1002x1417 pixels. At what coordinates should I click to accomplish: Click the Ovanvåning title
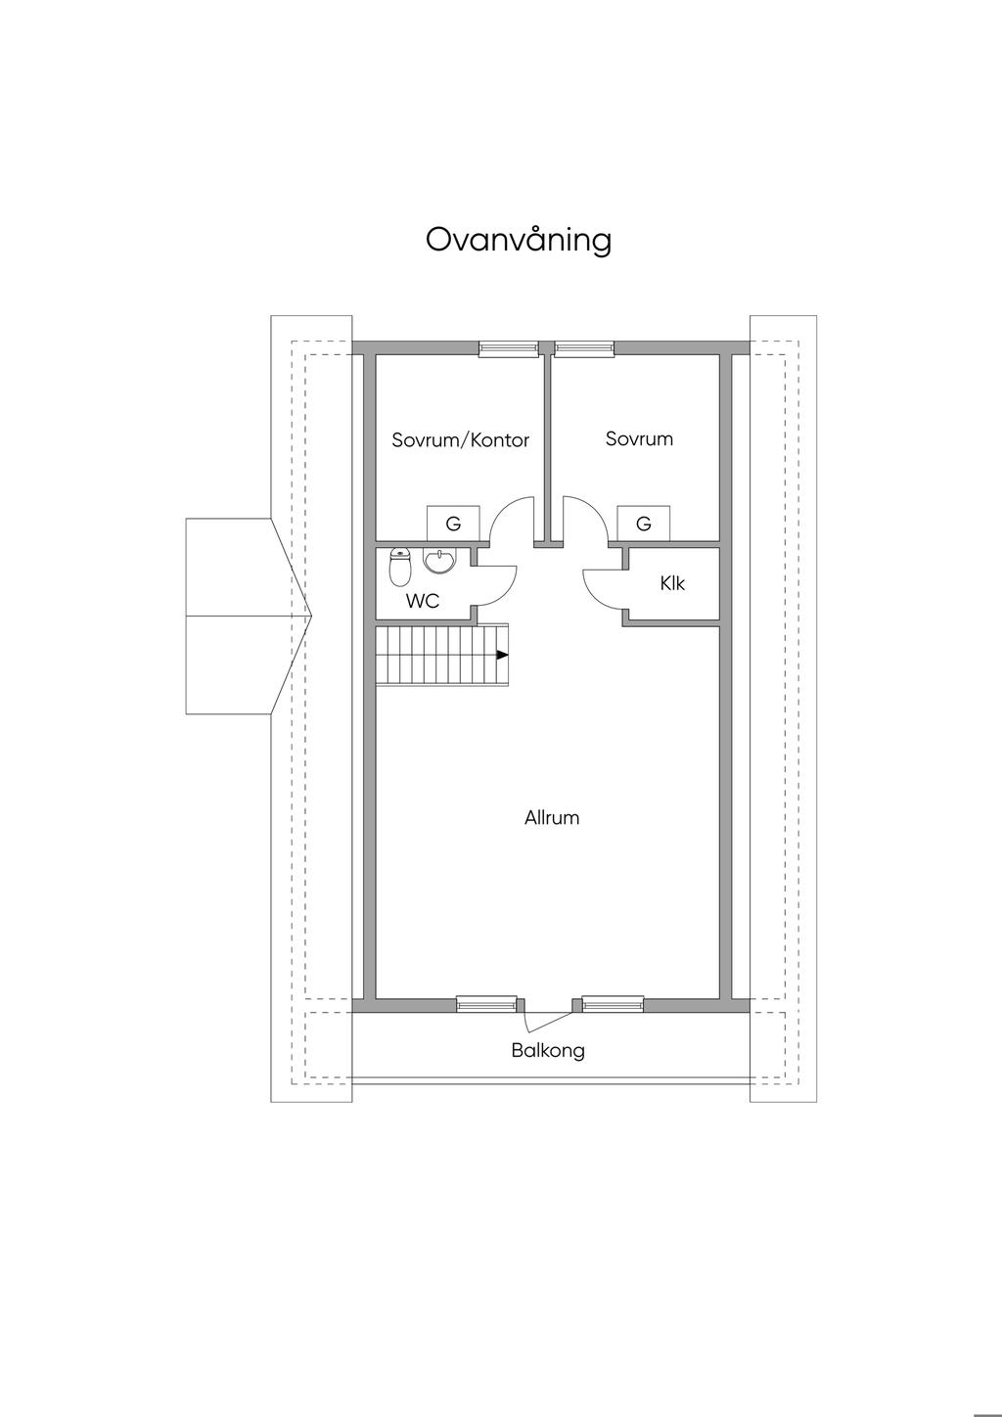518,241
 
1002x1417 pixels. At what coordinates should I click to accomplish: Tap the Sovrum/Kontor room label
460,440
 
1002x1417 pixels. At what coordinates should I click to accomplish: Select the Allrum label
552,818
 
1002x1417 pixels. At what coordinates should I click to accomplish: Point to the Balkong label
548,1051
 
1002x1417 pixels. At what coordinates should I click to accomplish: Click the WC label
423,601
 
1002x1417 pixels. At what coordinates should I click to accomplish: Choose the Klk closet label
672,583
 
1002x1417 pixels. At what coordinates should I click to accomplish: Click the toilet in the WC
400,567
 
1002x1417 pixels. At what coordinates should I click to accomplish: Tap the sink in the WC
438,561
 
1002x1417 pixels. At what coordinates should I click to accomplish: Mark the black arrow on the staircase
502,656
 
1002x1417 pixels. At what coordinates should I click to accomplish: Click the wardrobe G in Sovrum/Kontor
453,524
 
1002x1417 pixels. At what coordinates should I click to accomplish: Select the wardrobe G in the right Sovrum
643,524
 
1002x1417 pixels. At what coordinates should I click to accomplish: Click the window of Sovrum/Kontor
509,348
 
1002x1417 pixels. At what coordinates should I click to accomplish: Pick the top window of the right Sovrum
584,348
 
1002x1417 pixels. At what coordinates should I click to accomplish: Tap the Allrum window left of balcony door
486,1004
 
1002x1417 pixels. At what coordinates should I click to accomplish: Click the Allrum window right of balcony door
613,1004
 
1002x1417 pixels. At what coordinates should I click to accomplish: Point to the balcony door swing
549,1020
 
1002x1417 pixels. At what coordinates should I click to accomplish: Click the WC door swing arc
510,590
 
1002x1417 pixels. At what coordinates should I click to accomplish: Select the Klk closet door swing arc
590,595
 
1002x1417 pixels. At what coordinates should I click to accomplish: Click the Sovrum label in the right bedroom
639,439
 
